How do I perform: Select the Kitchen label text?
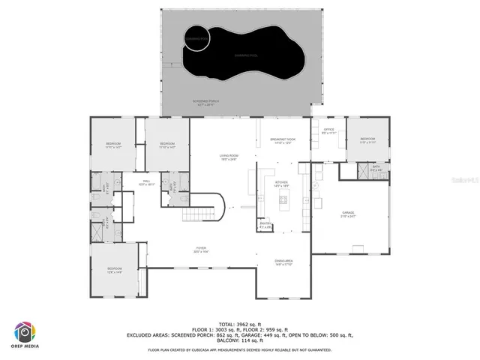(282, 184)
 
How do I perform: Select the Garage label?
(348, 214)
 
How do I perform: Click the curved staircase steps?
(209, 206)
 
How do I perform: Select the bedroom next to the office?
(367, 140)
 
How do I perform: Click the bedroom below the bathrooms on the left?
(114, 269)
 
